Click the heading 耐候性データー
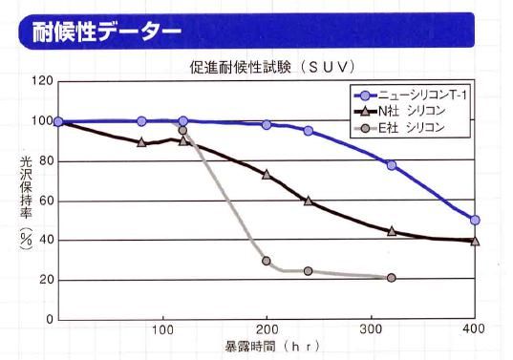(101, 32)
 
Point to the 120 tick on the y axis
(41, 80)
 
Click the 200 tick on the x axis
(267, 329)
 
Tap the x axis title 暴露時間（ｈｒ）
(267, 347)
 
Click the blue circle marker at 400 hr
(475, 220)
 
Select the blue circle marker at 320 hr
(392, 165)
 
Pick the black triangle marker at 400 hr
(475, 241)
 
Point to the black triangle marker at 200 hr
(267, 175)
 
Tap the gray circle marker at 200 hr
(267, 261)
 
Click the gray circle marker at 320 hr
(392, 278)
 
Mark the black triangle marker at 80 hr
(141, 142)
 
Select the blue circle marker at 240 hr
(309, 131)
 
